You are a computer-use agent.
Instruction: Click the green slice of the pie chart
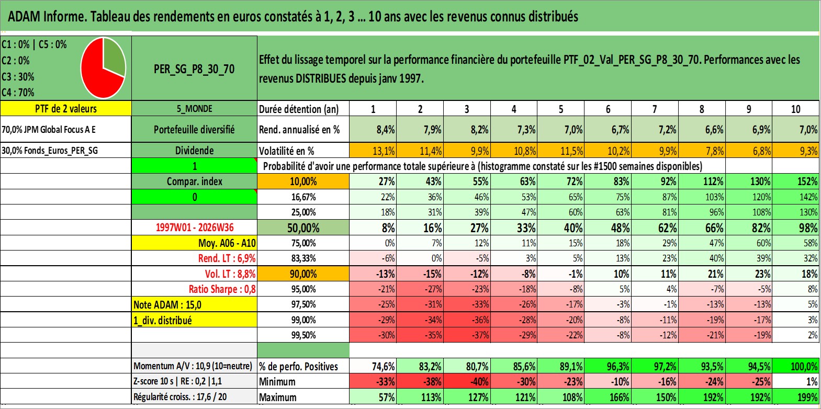114,55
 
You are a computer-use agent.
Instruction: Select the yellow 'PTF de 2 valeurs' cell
66,108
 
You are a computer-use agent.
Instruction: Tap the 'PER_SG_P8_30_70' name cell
194,69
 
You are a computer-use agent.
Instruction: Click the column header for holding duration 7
655,109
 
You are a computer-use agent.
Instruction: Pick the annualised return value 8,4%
373,129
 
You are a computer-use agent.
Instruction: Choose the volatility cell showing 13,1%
373,151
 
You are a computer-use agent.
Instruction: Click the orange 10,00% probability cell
303,181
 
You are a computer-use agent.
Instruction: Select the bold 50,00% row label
303,228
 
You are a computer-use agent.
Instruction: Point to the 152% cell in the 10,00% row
796,181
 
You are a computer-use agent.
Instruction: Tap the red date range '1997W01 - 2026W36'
195,228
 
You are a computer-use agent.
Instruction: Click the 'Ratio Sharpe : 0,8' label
222,289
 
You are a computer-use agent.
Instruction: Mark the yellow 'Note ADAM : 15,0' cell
194,304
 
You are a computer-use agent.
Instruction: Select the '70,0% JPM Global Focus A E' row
66,129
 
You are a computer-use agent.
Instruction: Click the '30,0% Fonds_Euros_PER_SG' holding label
50,151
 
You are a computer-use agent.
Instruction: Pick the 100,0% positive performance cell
796,366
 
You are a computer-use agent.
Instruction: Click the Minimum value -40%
467,381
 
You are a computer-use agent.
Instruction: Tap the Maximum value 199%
796,397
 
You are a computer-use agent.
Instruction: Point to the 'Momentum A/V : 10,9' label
193,366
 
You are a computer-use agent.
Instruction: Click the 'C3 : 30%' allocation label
18,76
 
